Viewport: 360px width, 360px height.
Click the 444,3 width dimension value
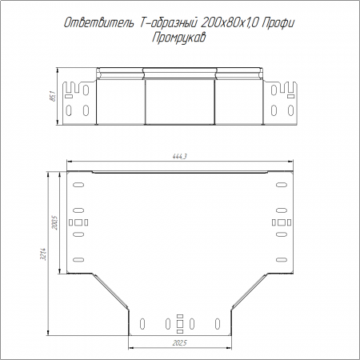click(180, 157)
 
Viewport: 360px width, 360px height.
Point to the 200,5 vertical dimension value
click(55, 223)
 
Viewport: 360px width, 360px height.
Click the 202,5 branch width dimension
click(179, 342)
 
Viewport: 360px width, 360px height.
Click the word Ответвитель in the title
click(99, 23)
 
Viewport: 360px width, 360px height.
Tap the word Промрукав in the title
click(179, 38)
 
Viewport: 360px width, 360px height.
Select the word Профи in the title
click(278, 23)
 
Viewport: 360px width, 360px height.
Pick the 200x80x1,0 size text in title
click(229, 23)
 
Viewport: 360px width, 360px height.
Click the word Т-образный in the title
click(168, 23)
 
